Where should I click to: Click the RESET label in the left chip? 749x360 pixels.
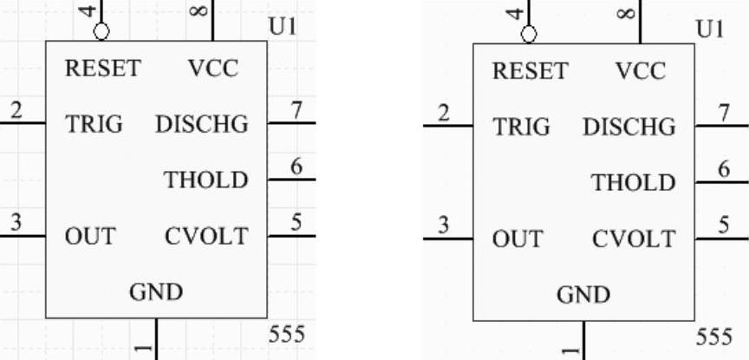(x=102, y=69)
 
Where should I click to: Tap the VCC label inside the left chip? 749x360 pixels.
(x=213, y=69)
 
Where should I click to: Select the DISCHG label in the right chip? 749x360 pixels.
(x=629, y=128)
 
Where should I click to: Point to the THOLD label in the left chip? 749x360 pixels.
(x=206, y=180)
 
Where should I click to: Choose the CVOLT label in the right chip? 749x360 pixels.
(x=633, y=238)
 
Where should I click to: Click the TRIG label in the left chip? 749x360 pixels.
(x=94, y=124)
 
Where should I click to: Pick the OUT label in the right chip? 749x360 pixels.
(x=517, y=239)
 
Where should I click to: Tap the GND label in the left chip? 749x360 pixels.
(x=157, y=292)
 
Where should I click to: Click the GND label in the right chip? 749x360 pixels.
(x=583, y=295)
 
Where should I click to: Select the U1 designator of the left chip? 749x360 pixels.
(x=283, y=27)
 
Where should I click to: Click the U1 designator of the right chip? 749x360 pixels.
(x=709, y=29)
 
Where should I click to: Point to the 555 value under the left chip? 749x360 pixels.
(x=286, y=334)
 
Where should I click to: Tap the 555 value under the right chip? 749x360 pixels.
(x=713, y=337)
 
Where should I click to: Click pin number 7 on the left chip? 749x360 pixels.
(x=296, y=110)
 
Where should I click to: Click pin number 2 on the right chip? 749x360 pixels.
(x=444, y=113)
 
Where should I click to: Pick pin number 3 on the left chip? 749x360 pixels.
(x=16, y=222)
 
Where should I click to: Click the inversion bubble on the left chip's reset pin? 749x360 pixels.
(x=102, y=32)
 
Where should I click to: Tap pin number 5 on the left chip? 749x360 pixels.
(x=296, y=222)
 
